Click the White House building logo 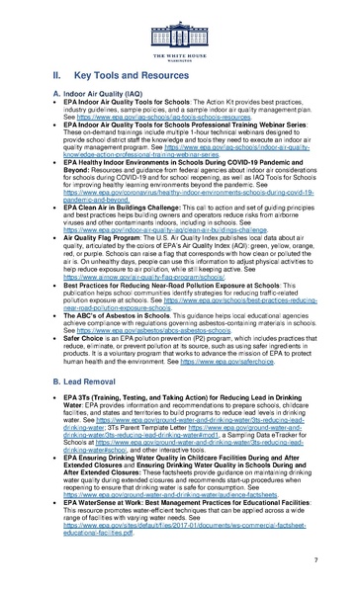[179, 23]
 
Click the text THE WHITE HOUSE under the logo [179, 45]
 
